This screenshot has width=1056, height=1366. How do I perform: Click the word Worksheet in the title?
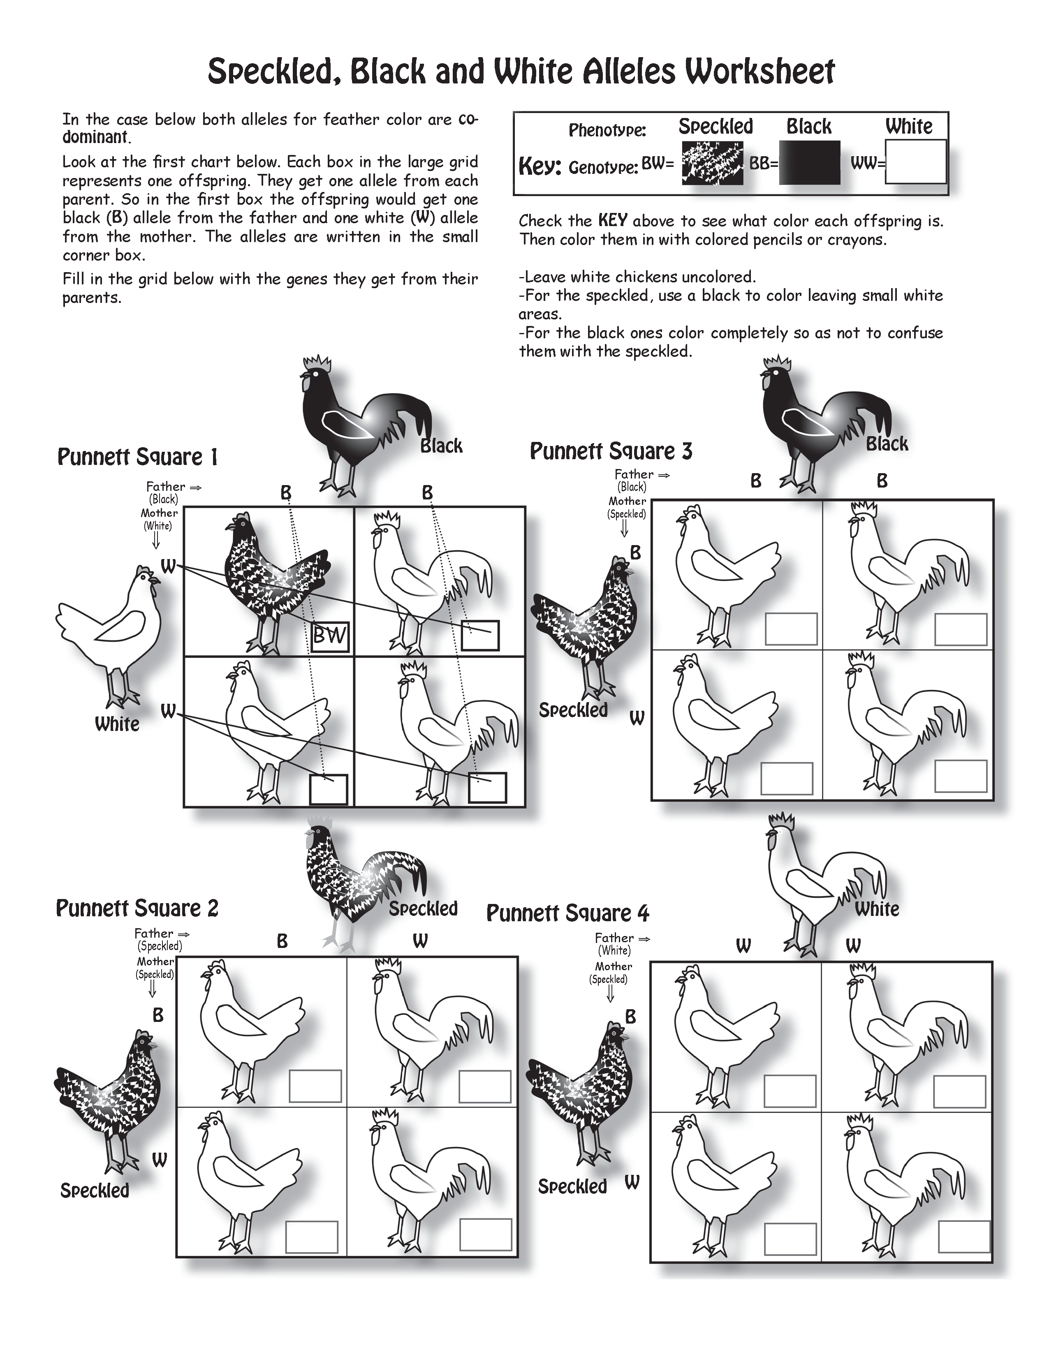759,72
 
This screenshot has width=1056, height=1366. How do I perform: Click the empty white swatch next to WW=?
915,162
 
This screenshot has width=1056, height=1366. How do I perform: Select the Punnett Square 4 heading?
567,914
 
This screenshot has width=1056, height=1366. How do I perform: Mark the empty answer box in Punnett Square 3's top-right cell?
960,629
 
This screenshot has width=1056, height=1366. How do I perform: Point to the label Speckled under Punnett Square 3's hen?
573,710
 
